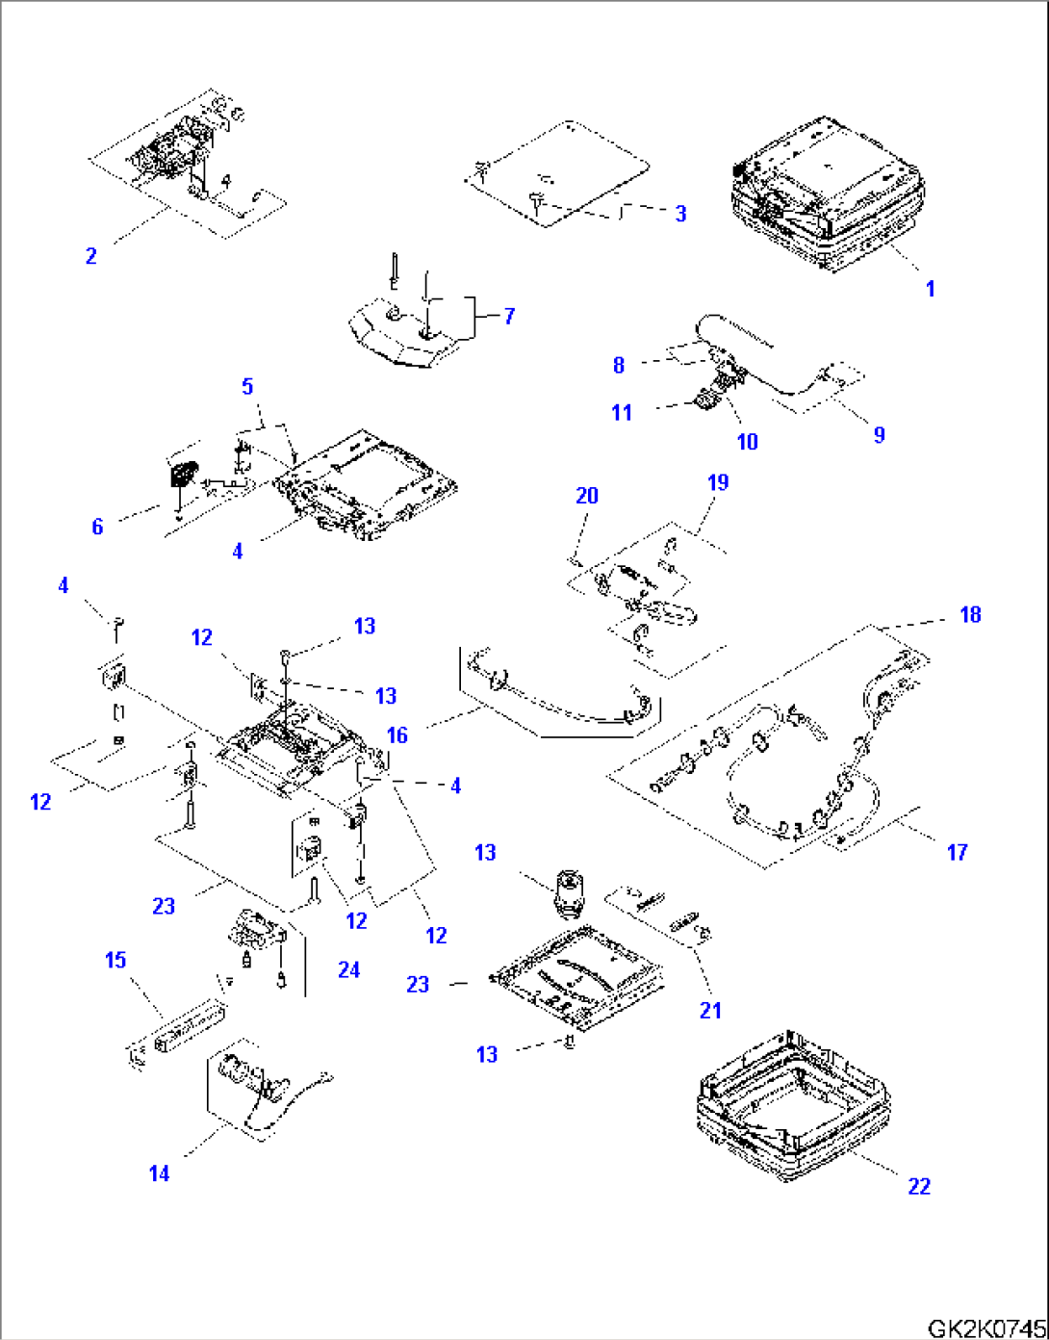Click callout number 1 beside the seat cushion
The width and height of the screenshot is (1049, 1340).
[x=930, y=288]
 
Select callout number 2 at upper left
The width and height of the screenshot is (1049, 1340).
[x=90, y=256]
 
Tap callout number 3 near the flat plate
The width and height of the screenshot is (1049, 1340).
[x=680, y=214]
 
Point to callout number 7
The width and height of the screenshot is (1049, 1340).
[x=509, y=316]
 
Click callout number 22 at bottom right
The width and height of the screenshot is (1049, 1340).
[x=919, y=1186]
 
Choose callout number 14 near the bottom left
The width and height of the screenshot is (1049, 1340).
[x=159, y=1173]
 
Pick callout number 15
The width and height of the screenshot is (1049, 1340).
[x=115, y=960]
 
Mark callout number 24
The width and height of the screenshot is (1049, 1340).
[x=348, y=969]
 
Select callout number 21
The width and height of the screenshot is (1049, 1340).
[x=710, y=1010]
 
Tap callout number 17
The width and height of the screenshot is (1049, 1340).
[x=957, y=851]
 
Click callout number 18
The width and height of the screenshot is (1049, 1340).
[x=970, y=614]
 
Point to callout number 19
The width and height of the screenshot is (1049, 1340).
[x=718, y=482]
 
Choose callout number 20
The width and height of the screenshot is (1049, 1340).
[x=587, y=496]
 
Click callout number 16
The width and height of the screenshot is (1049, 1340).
[x=397, y=735]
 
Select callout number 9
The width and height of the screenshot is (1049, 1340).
[x=879, y=434]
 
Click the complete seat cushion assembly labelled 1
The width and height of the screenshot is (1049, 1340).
[x=828, y=197]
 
